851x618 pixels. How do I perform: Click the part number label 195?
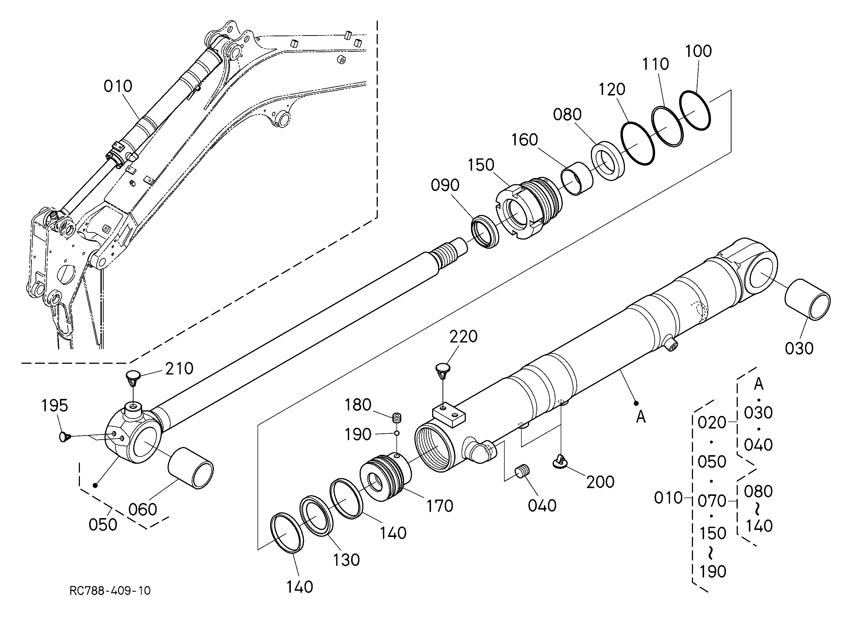pos(55,406)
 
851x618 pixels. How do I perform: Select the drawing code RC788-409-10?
pos(110,591)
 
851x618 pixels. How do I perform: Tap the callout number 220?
pos(463,337)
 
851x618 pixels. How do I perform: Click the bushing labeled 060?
pos(191,468)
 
